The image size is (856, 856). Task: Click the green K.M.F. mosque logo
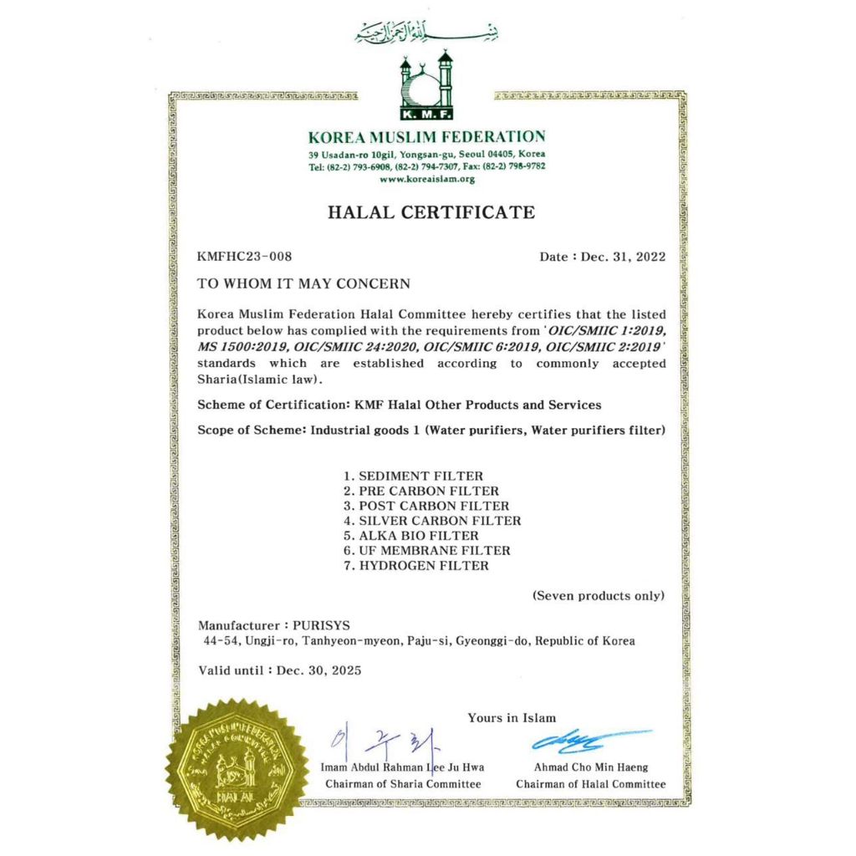pyautogui.click(x=426, y=84)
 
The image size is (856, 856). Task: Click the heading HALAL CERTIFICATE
pyautogui.click(x=431, y=212)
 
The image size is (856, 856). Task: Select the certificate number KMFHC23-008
pyautogui.click(x=244, y=257)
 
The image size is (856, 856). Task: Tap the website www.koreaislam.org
pyautogui.click(x=427, y=179)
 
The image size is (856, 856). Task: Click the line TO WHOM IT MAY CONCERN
pyautogui.click(x=303, y=284)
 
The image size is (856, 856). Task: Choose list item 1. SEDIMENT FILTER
pyautogui.click(x=413, y=476)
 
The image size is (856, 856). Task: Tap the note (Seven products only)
pyautogui.click(x=599, y=596)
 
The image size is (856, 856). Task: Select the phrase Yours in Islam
pyautogui.click(x=512, y=717)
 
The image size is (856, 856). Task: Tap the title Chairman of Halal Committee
pyautogui.click(x=591, y=784)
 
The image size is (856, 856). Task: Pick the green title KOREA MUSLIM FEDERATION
pyautogui.click(x=426, y=137)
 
